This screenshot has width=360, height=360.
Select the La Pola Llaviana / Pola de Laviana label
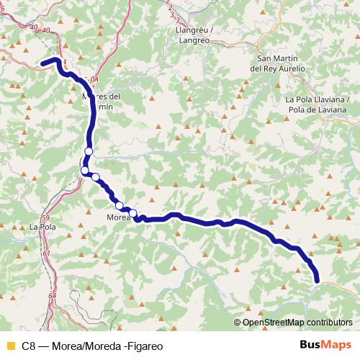(x=315, y=104)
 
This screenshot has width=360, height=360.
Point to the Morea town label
(x=117, y=217)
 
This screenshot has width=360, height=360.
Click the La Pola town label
(x=42, y=227)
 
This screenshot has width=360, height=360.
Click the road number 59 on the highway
(x=45, y=217)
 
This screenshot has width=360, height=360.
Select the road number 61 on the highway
(x=48, y=253)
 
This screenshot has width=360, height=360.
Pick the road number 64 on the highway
(x=53, y=296)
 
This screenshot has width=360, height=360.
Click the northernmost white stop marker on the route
(x=89, y=150)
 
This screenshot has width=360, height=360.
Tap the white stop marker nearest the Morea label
(x=132, y=212)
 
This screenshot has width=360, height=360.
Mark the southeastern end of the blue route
(x=317, y=279)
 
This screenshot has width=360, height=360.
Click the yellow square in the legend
(x=9, y=346)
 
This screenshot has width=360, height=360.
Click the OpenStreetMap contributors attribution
(x=297, y=323)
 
